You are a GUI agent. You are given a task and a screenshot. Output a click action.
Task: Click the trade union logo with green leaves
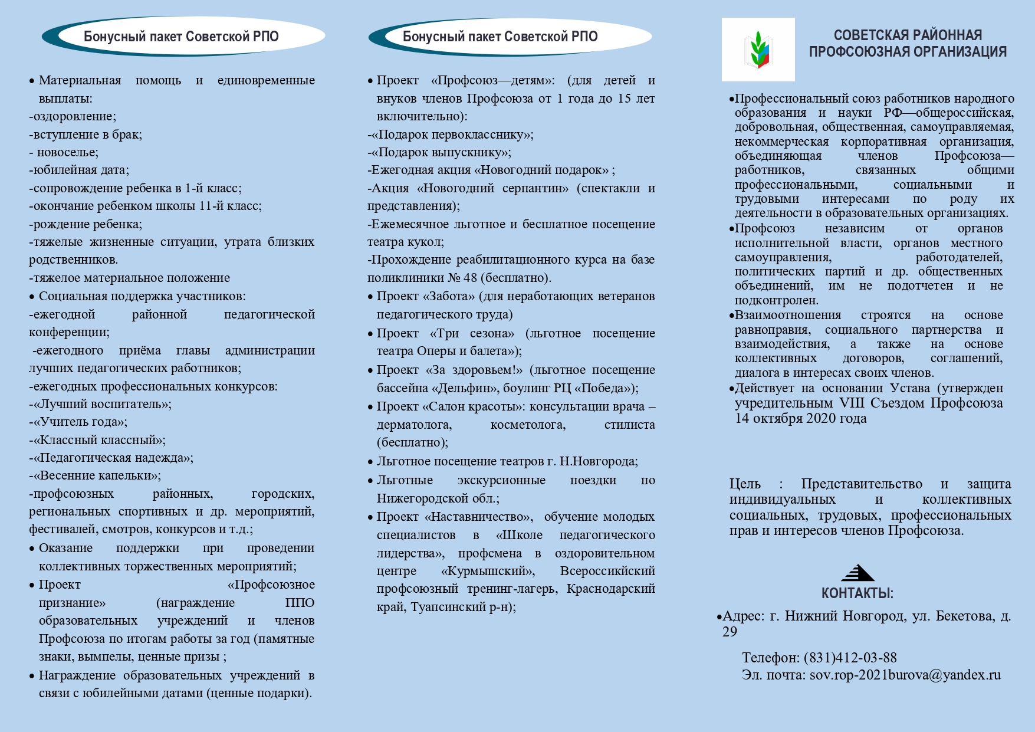[x=758, y=50]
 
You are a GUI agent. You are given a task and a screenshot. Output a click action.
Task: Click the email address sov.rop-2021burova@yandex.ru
[x=905, y=675]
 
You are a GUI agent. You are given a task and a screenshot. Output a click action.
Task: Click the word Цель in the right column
[x=745, y=484]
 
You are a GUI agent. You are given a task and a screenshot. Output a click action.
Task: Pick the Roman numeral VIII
[x=852, y=403]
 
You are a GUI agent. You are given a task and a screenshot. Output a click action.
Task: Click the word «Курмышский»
[x=488, y=571]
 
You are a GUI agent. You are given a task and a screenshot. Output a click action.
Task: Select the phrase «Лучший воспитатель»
[x=102, y=404]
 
